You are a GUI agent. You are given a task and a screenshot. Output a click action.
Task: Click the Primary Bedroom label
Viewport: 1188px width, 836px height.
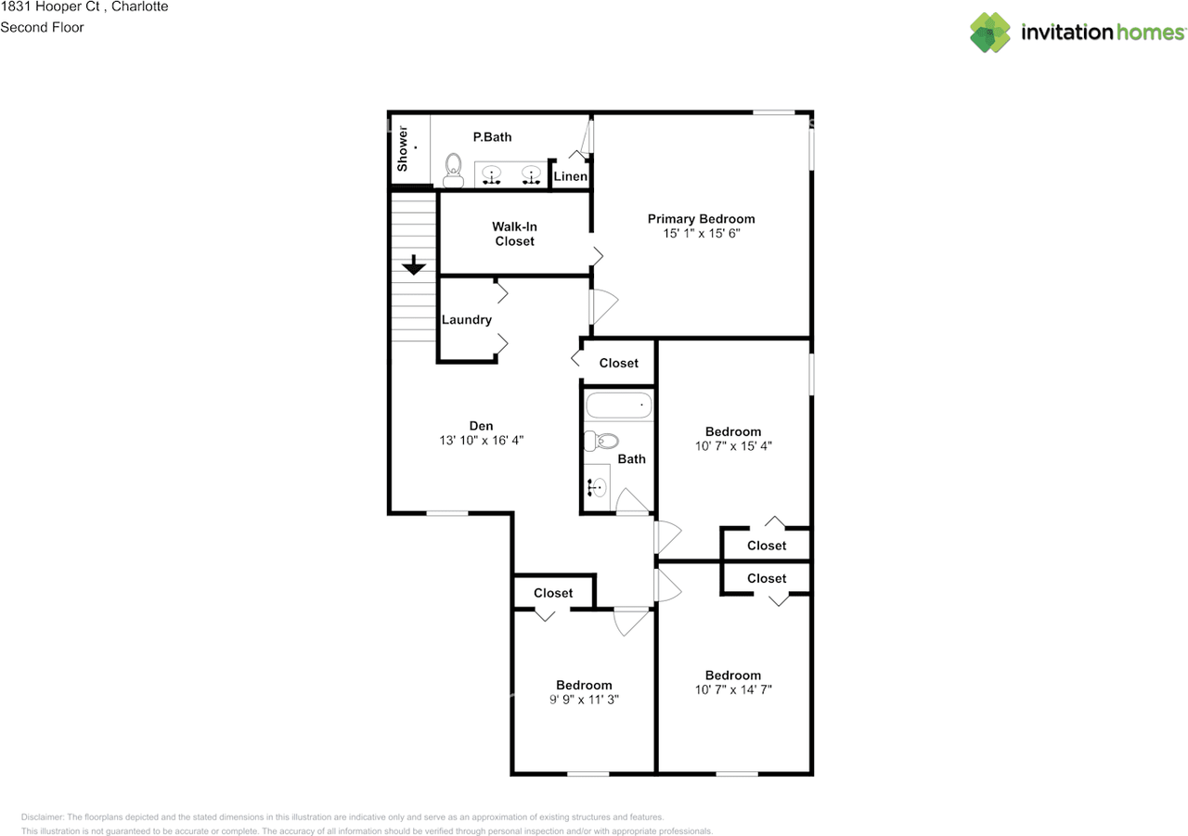click(701, 219)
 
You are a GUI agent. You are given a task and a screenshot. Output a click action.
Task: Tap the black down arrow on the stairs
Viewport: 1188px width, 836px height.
click(414, 264)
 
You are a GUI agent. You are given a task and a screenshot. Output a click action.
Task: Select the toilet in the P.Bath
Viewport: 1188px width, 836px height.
click(453, 170)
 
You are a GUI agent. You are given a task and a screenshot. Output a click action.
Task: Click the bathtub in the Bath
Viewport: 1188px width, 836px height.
click(618, 405)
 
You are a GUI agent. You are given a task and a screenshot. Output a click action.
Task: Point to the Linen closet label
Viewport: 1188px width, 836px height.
click(570, 176)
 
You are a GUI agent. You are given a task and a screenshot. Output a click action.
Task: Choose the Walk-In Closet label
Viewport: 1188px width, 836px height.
click(514, 234)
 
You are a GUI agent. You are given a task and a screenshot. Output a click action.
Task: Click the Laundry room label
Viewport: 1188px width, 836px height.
click(467, 320)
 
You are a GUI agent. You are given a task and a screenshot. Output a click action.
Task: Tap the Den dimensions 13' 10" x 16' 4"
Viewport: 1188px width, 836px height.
click(481, 440)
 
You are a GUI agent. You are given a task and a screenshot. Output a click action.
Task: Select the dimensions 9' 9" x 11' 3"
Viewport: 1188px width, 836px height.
click(584, 700)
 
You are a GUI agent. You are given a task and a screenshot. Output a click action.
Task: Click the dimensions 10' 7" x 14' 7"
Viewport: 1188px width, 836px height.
click(733, 689)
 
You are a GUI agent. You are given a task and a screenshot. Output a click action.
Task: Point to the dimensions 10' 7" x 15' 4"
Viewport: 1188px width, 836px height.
click(733, 445)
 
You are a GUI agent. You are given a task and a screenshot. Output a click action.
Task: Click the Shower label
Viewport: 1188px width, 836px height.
click(403, 148)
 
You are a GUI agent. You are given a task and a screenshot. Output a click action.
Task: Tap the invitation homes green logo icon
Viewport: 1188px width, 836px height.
click(990, 32)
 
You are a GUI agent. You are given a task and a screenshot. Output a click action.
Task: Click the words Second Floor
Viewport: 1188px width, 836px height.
click(42, 27)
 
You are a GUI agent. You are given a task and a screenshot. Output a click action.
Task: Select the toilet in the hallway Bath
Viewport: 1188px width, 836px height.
click(601, 441)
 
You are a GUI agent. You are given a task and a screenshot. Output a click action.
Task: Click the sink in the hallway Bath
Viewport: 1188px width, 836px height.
click(597, 487)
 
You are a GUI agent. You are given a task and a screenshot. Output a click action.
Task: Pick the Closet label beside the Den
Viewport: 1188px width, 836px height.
click(618, 363)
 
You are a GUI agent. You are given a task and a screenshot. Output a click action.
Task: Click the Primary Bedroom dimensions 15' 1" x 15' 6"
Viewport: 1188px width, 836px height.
click(701, 233)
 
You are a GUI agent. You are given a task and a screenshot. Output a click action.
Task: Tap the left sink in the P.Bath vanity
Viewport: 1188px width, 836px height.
click(492, 175)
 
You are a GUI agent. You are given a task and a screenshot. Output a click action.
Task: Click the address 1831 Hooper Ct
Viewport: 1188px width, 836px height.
click(50, 6)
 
